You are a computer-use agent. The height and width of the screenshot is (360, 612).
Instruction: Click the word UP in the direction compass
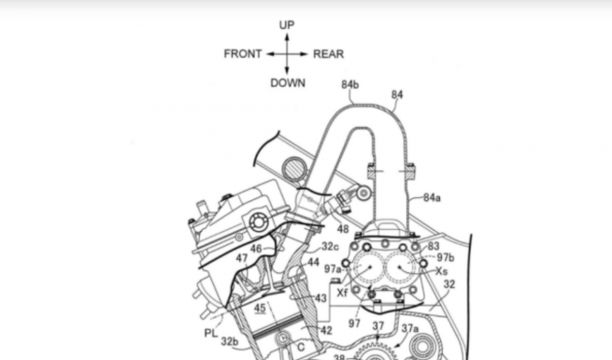pyautogui.click(x=287, y=25)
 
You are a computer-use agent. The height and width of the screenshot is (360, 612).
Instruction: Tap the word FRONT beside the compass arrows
pyautogui.click(x=242, y=54)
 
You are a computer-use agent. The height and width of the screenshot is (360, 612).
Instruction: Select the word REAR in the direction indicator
pyautogui.click(x=329, y=54)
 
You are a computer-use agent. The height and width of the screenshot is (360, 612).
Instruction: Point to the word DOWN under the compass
pyautogui.click(x=288, y=83)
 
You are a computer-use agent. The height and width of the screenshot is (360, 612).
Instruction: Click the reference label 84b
pyautogui.click(x=350, y=84)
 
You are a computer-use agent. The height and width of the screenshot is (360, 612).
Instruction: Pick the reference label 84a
pyautogui.click(x=432, y=198)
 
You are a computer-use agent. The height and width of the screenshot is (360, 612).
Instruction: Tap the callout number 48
pyautogui.click(x=343, y=229)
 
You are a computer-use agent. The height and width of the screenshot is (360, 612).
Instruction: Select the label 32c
pyautogui.click(x=330, y=247)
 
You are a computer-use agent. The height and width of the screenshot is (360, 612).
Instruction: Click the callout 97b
pyautogui.click(x=446, y=258)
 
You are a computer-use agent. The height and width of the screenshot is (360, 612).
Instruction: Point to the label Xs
pyautogui.click(x=441, y=271)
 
